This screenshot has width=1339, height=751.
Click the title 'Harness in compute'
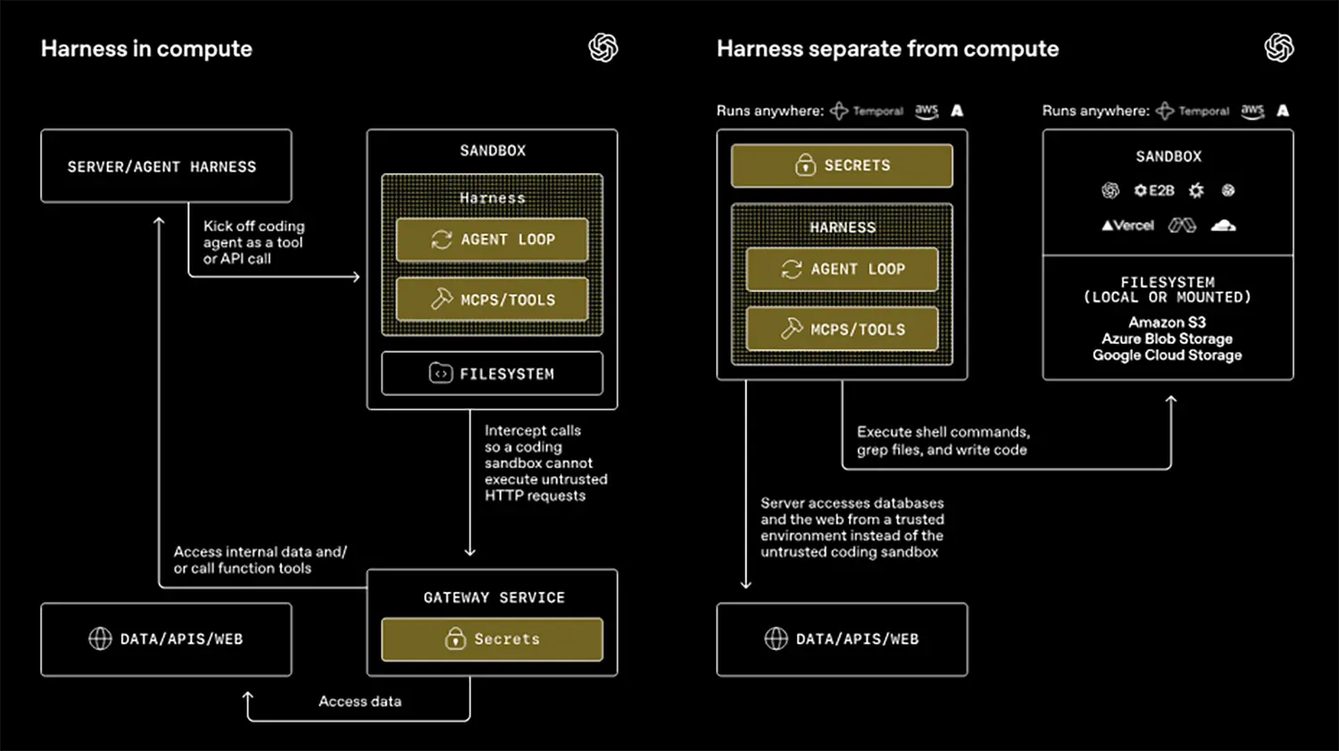tap(146, 49)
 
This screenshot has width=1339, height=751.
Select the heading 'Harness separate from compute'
tap(887, 49)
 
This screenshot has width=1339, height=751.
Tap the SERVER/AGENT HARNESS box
tap(166, 166)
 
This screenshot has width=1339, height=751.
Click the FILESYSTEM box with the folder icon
tap(492, 373)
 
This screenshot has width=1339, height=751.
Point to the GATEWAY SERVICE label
tap(494, 597)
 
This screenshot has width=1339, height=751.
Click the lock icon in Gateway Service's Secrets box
tap(455, 638)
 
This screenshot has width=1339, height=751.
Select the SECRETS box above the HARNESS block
tap(842, 165)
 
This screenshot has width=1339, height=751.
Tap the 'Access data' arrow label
tap(360, 702)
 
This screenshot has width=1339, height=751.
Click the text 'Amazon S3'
tap(1167, 322)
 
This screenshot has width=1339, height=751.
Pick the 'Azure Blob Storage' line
tap(1167, 339)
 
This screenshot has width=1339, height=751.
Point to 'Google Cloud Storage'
tap(1167, 355)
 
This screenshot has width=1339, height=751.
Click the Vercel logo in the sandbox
tap(1127, 226)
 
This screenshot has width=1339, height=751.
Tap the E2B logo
tap(1154, 190)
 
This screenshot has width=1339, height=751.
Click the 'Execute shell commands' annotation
tap(943, 440)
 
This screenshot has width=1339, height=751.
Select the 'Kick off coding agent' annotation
tap(254, 242)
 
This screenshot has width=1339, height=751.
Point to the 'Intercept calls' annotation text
tap(545, 463)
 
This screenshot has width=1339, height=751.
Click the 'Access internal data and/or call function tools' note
tap(260, 560)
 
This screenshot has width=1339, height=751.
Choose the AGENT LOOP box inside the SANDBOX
tap(492, 239)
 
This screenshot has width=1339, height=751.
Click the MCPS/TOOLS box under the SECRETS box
tap(842, 330)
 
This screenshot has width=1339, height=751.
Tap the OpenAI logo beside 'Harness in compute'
tap(603, 48)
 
